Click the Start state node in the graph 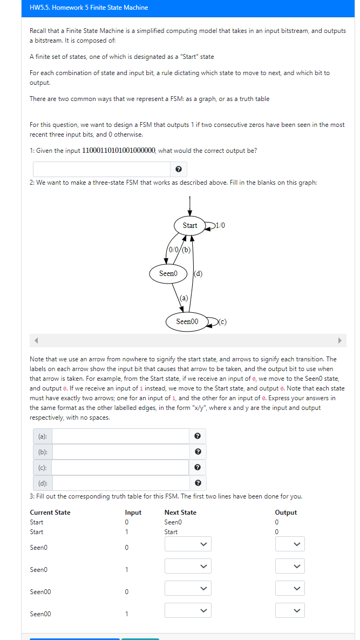(x=189, y=226)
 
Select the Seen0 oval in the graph (x=168, y=273)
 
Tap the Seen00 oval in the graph (x=187, y=321)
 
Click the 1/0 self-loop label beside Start (x=219, y=226)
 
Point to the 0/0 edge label (x=174, y=250)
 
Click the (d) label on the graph (x=198, y=273)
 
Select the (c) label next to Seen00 (x=222, y=321)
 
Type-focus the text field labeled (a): (x=120, y=436)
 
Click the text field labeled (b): (x=120, y=452)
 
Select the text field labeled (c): (x=120, y=467)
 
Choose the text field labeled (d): (x=120, y=482)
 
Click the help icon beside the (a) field (x=198, y=436)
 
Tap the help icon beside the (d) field (x=198, y=482)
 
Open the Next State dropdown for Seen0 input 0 (x=187, y=544)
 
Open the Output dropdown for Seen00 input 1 (x=289, y=610)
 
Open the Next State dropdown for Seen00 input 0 (x=187, y=588)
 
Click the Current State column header (x=50, y=512)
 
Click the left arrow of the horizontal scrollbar (x=37, y=340)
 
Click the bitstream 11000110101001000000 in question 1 (x=118, y=151)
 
